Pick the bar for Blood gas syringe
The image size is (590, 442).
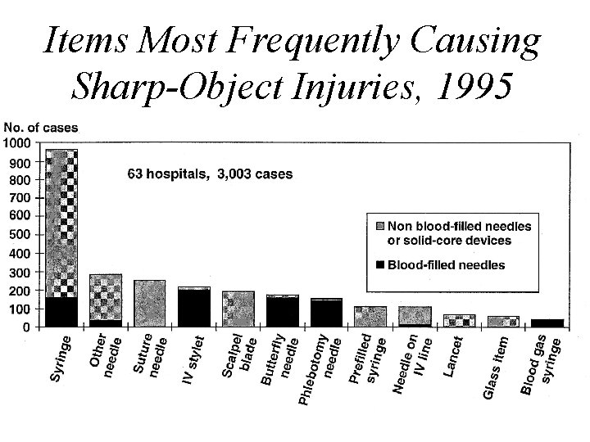point(547,322)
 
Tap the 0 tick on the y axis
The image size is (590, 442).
point(26,327)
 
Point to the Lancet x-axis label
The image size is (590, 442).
point(455,356)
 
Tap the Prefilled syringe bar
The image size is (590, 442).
point(370,316)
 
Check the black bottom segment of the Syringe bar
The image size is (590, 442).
point(61,312)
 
